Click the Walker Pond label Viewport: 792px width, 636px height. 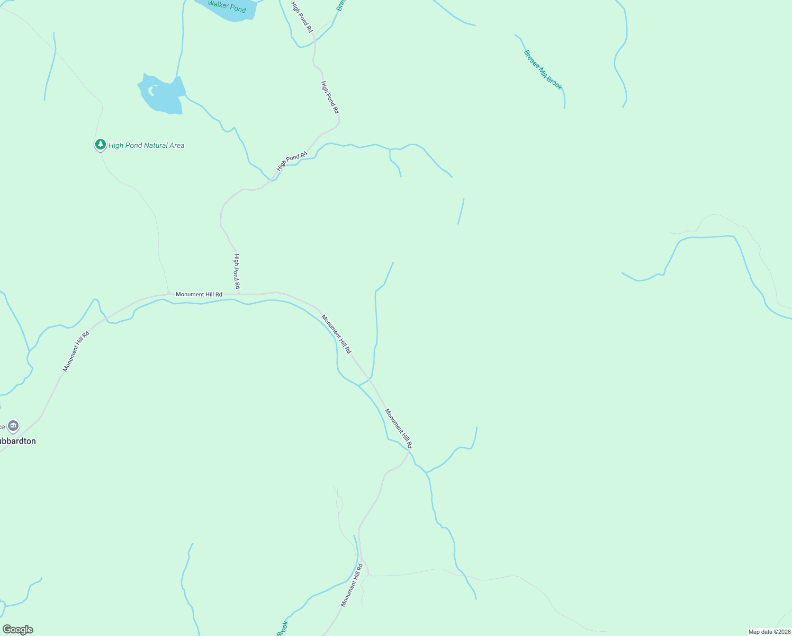point(227,6)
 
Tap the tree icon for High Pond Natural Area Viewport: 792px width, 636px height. point(100,144)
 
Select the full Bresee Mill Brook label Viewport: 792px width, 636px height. point(543,70)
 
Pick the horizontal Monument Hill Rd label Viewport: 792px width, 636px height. point(199,294)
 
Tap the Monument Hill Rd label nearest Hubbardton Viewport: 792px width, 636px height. point(76,351)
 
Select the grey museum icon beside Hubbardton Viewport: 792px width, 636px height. point(13,426)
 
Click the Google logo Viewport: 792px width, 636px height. point(17,629)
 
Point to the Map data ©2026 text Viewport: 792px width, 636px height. point(769,632)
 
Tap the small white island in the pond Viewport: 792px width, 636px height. point(152,91)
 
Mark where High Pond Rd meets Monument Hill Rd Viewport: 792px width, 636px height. point(239,293)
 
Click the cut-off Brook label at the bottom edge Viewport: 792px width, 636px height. point(282,629)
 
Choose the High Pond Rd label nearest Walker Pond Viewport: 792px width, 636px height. point(302,17)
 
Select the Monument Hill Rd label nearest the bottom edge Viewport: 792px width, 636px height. point(352,585)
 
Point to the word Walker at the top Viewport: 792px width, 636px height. point(218,4)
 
